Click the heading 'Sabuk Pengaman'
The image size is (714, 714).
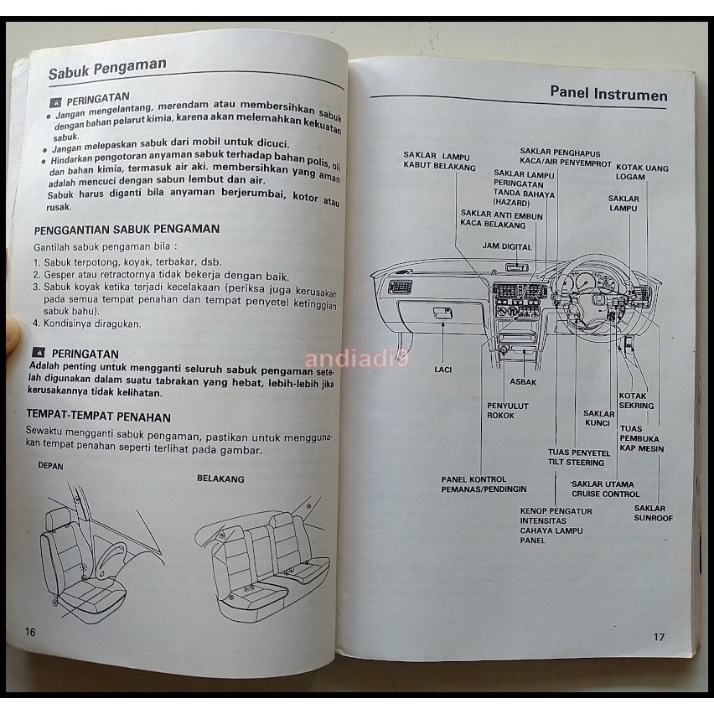[106, 67]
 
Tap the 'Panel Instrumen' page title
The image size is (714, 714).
[608, 94]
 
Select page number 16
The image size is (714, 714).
[30, 631]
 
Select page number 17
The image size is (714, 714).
[659, 637]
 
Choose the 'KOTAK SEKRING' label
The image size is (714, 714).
[636, 401]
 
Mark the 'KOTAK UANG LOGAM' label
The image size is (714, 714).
[644, 172]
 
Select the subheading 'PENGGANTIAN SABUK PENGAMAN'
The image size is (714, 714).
[127, 229]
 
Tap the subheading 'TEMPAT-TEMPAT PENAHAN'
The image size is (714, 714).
[99, 416]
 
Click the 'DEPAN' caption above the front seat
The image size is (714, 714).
[50, 466]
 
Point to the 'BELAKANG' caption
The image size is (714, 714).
[220, 479]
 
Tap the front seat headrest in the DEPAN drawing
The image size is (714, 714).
[59, 517]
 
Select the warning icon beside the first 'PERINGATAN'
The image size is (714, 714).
[55, 101]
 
